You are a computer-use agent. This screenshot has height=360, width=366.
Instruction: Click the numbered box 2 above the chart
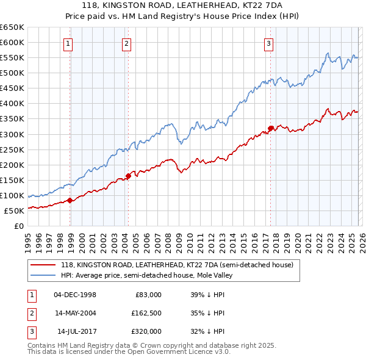point(126,43)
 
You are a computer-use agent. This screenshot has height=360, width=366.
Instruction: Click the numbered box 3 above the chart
point(268,43)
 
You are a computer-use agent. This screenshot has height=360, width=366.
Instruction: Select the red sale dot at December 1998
point(70,200)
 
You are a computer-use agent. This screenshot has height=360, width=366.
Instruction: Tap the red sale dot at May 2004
point(128,176)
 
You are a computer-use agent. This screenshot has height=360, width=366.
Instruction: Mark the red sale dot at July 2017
point(270,128)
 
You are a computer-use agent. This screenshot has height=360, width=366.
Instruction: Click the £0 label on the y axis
point(18,226)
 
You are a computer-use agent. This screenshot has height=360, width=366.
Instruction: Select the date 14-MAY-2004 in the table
point(75,313)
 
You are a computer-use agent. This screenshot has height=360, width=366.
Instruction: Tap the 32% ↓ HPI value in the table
point(207,331)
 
